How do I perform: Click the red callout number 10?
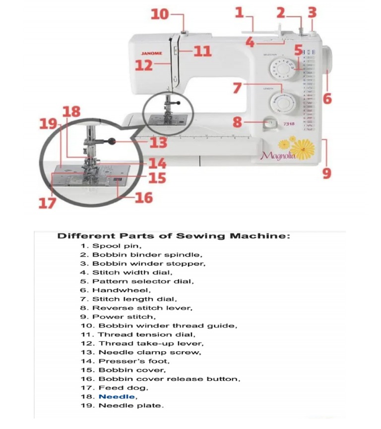tap(160, 14)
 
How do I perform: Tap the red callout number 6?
tap(327, 98)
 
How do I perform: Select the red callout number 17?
tap(47, 203)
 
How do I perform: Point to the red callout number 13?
tap(158, 143)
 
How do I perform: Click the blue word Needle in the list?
tap(116, 397)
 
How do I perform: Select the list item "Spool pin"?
tap(117, 246)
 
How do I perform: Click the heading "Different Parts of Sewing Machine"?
tap(174, 236)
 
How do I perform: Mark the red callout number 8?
tap(238, 122)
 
